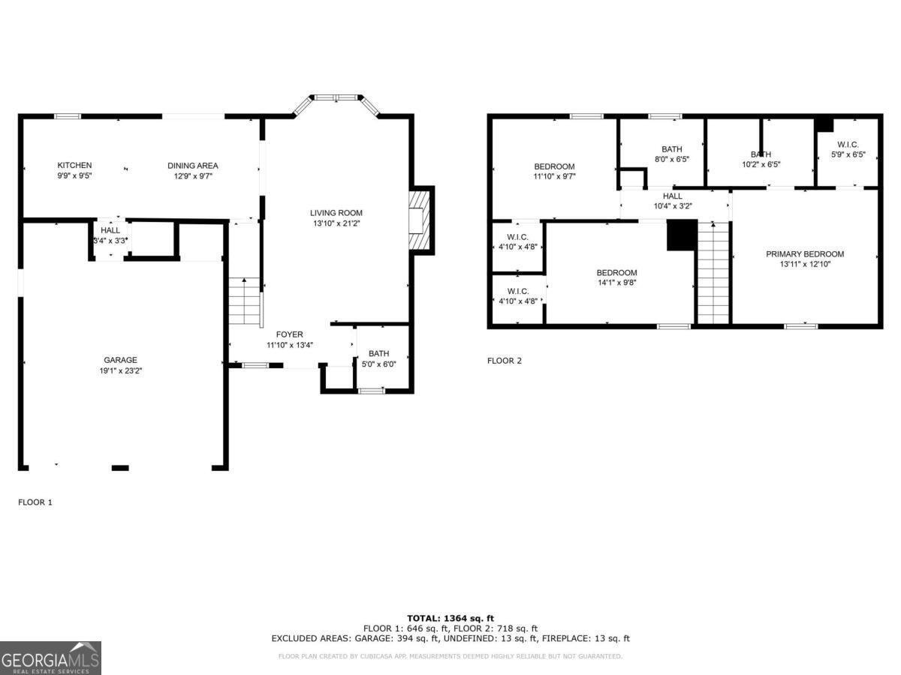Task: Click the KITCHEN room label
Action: [x=74, y=165]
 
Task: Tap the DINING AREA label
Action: [x=192, y=165]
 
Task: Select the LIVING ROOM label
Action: [x=336, y=213]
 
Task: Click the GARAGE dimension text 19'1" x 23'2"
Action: [x=120, y=370]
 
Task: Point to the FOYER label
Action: [x=289, y=334]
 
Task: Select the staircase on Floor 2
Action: [x=713, y=274]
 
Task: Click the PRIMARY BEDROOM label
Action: [x=805, y=254]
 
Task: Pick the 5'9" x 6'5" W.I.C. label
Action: [x=848, y=154]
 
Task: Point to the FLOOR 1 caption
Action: [x=35, y=502]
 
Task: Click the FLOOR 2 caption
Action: [x=504, y=361]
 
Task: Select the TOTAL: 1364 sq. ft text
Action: [x=450, y=618]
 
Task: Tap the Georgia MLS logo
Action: [x=50, y=658]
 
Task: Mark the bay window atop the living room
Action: [x=336, y=99]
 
